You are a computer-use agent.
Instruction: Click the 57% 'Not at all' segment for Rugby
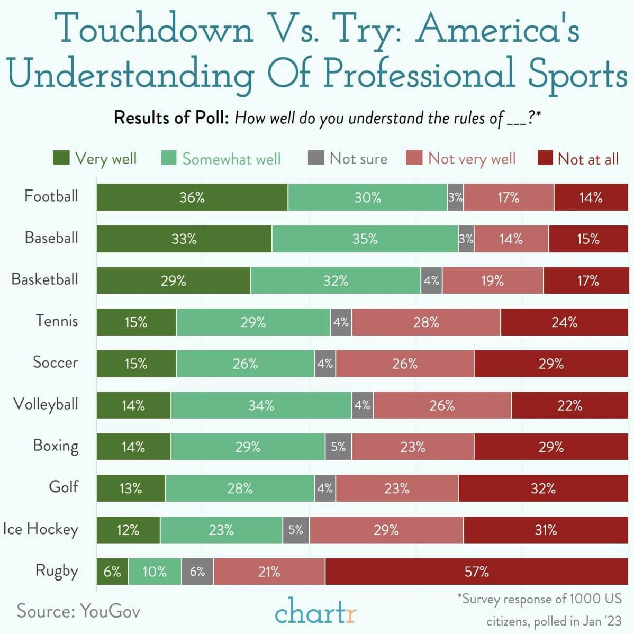[x=476, y=572]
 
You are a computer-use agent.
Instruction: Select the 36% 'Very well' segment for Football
[x=192, y=197]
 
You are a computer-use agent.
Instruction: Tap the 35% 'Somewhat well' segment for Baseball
[x=365, y=239]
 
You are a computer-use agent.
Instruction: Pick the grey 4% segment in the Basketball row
[x=431, y=280]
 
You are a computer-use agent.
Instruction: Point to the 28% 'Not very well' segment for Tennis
[x=426, y=322]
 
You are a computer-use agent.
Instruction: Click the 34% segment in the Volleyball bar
[x=261, y=405]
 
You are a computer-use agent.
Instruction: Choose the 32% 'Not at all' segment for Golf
[x=543, y=488]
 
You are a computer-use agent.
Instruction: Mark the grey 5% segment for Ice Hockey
[x=296, y=530]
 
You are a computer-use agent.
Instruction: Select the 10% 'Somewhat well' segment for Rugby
[x=155, y=572]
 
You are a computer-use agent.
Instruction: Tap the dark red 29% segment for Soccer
[x=551, y=364]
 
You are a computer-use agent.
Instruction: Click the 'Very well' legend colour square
[x=61, y=158]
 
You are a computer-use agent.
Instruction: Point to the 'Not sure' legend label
[x=358, y=159]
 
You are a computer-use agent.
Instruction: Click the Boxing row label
[x=56, y=446]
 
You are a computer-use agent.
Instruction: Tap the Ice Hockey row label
[x=40, y=529]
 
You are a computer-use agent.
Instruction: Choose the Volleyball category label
[x=46, y=404]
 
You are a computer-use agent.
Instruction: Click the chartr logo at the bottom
[x=316, y=612]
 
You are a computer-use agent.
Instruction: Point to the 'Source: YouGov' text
[x=78, y=611]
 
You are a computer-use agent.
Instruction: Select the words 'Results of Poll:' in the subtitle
[x=171, y=117]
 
